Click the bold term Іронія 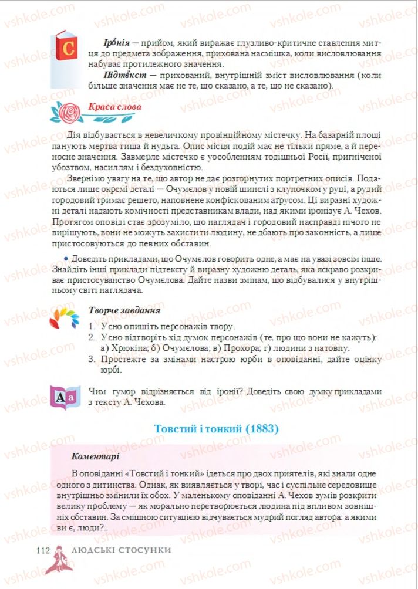[115, 43]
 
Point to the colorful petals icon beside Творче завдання [63, 317]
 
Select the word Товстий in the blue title [173, 429]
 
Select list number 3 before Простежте [92, 359]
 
